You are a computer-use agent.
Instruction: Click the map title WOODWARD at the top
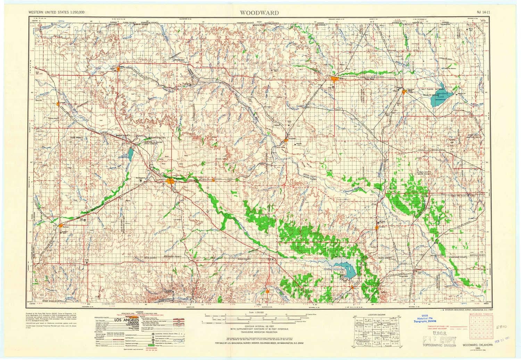[258, 13]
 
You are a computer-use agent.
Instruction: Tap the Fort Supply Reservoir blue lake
[130, 153]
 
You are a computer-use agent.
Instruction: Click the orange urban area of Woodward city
[170, 181]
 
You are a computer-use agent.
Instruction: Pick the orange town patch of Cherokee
[404, 92]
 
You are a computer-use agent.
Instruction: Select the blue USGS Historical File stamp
[427, 321]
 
